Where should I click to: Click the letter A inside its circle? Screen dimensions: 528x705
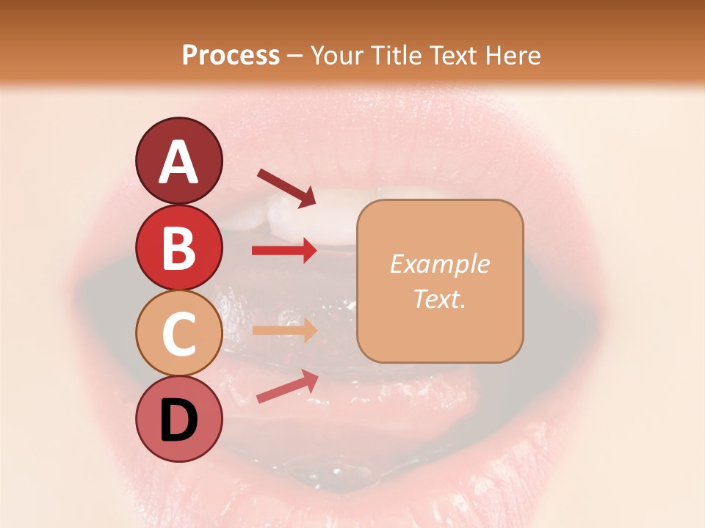pyautogui.click(x=178, y=162)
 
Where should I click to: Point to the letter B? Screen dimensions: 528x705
pyautogui.click(x=178, y=248)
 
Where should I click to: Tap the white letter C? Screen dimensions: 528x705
pyautogui.click(x=178, y=334)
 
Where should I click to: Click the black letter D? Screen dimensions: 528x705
pyautogui.click(x=178, y=420)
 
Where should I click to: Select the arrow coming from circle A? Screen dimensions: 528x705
pyautogui.click(x=286, y=186)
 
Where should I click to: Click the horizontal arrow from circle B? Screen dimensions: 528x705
pyautogui.click(x=284, y=251)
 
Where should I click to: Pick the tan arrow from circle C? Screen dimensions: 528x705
pyautogui.click(x=284, y=330)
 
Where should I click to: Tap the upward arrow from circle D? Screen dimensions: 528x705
pyautogui.click(x=287, y=386)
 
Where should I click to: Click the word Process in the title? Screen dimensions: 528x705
pyautogui.click(x=231, y=55)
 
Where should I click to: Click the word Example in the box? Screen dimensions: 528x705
pyautogui.click(x=440, y=264)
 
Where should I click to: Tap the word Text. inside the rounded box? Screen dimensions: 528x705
pyautogui.click(x=440, y=298)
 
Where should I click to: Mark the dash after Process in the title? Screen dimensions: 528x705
pyautogui.click(x=295, y=56)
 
